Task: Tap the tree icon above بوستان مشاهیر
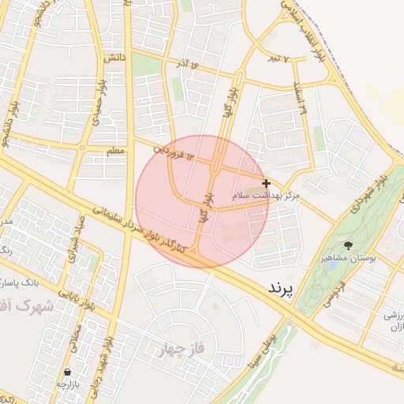point(348,246)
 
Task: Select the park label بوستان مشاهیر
point(348,258)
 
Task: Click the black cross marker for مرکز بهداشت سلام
point(266,182)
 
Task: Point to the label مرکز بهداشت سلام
point(266,194)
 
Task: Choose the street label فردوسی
point(335,293)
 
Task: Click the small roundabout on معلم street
point(82,148)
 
